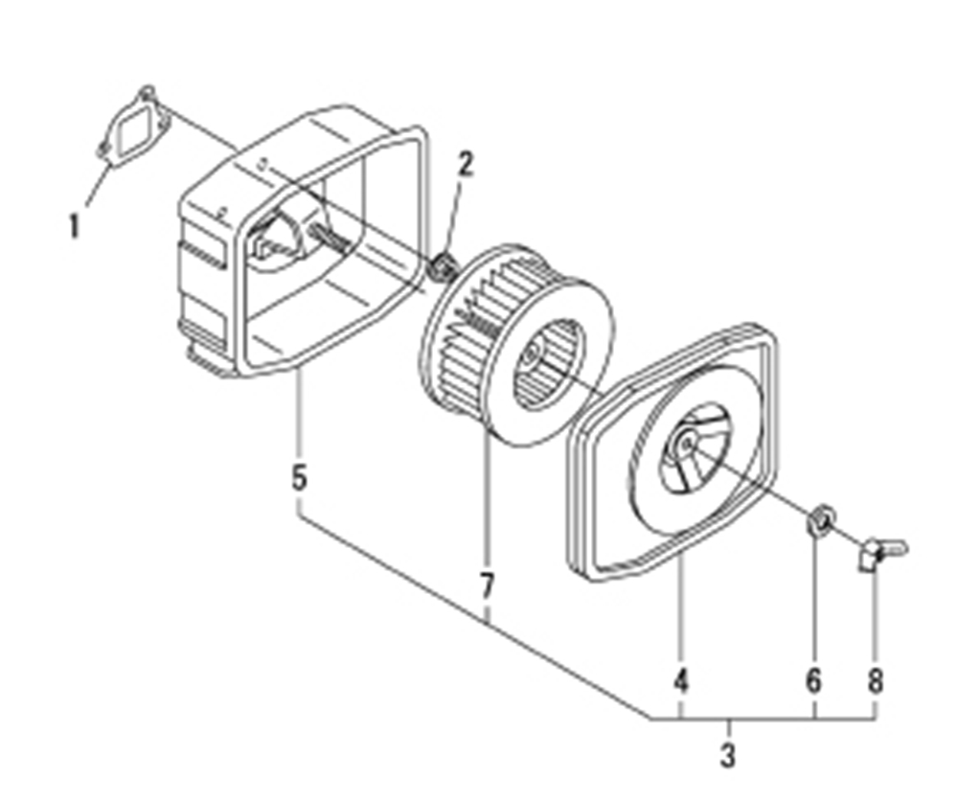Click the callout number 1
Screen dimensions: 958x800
point(75,225)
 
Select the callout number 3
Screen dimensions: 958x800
point(727,755)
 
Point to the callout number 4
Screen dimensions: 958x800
point(680,679)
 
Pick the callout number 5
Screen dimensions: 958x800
point(299,477)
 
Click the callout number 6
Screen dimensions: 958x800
point(813,679)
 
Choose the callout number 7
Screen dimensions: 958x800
point(486,586)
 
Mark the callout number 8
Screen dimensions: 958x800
point(875,679)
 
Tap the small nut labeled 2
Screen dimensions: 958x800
point(445,267)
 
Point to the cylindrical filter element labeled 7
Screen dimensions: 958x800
point(518,344)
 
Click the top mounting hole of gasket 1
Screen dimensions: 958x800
point(148,93)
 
